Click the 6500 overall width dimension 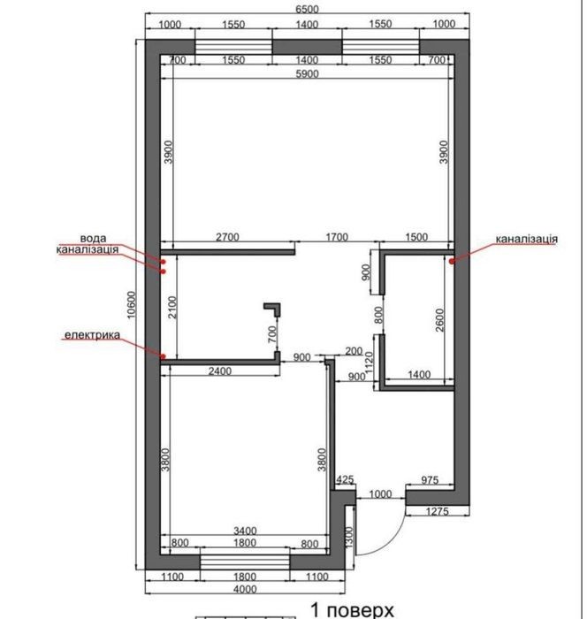click(307, 9)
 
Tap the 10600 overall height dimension click(132, 304)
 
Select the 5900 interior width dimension click(307, 73)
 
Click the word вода click(93, 239)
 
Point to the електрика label click(92, 335)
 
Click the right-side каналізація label click(527, 239)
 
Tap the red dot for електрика click(163, 356)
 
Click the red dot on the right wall click(452, 261)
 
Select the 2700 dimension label click(227, 237)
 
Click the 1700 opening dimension click(337, 237)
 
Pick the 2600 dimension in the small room click(439, 320)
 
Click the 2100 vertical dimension click(173, 307)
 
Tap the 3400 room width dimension click(245, 531)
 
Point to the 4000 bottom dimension click(245, 589)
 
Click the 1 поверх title click(352, 609)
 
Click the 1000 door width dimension click(380, 493)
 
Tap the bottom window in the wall click(245, 562)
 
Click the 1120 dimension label click(369, 363)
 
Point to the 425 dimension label click(345, 479)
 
